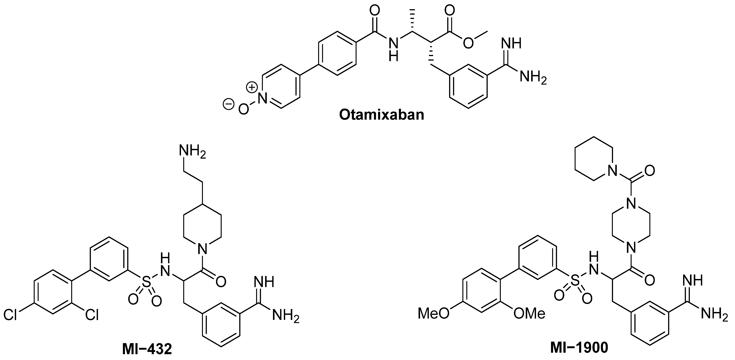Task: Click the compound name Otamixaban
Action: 382,115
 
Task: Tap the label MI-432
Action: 147,349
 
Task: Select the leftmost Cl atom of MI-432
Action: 10,315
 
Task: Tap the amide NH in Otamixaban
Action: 394,49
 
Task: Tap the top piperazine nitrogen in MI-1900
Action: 631,204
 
